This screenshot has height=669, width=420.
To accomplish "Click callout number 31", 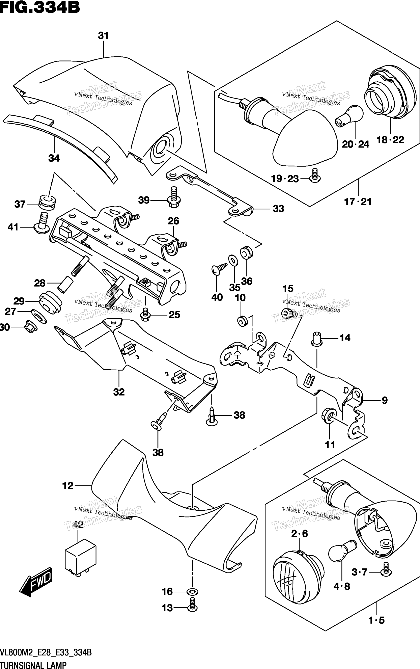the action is [x=103, y=35].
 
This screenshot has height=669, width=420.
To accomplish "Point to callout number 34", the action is [x=54, y=158].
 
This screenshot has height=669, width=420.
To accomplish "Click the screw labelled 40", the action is [x=219, y=269].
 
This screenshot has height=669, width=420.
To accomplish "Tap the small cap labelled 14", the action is [x=317, y=339].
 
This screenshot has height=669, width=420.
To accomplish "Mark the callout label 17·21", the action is [x=358, y=202].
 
